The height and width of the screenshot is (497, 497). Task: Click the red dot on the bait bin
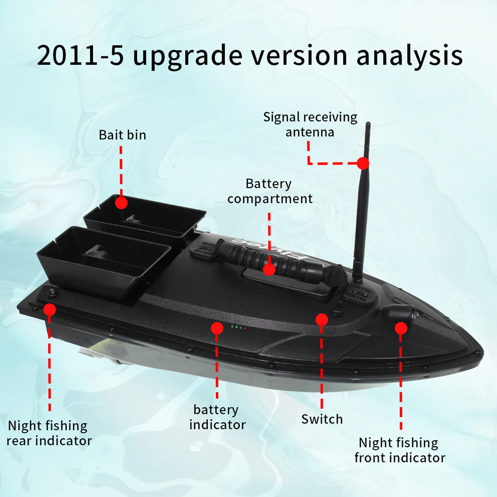click(121, 203)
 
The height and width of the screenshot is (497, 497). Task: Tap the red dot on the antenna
click(363, 163)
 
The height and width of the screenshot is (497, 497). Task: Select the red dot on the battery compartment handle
click(269, 269)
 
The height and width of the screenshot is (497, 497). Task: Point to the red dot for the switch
click(322, 320)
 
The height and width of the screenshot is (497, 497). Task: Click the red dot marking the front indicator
click(401, 328)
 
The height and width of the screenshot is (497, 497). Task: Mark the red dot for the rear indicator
click(50, 309)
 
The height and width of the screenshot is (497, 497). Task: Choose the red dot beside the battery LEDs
click(217, 328)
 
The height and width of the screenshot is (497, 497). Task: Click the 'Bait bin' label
click(122, 135)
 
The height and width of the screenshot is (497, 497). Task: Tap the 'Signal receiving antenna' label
click(310, 124)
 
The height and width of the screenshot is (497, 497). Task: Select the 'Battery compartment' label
click(269, 191)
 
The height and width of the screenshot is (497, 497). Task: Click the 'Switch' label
click(322, 419)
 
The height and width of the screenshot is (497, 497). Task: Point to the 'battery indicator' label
click(217, 417)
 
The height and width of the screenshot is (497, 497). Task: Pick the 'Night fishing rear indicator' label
click(49, 433)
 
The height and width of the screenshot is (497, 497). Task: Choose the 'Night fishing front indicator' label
click(400, 450)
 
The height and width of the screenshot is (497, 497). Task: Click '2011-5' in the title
click(80, 56)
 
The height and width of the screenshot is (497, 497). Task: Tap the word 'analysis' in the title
click(409, 56)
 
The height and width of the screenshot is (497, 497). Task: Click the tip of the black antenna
click(368, 124)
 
